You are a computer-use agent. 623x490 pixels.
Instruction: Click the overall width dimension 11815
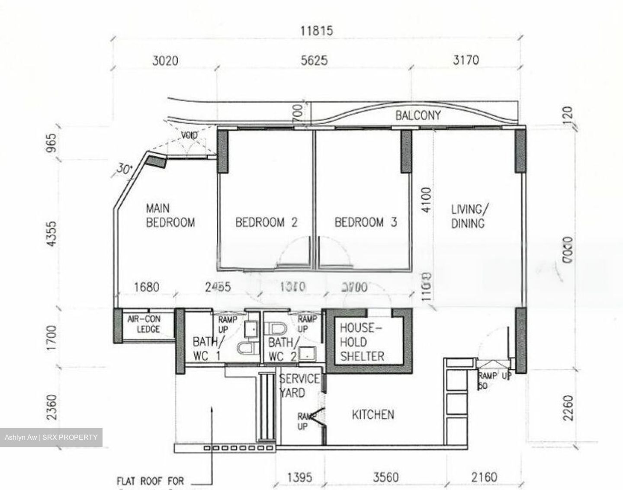click(x=317, y=31)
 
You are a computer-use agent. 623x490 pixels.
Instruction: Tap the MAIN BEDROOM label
click(x=170, y=215)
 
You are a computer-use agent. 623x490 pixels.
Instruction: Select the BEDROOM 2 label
click(x=266, y=222)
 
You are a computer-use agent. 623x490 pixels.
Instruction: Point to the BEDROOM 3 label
click(x=366, y=222)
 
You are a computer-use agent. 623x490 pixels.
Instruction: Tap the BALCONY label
click(x=418, y=115)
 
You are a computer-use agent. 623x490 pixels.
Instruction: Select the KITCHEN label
click(x=373, y=415)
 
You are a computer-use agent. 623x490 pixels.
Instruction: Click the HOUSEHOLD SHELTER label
click(x=362, y=342)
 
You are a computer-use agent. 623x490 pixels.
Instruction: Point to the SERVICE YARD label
click(x=299, y=386)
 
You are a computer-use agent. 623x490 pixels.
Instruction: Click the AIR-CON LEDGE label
click(x=144, y=324)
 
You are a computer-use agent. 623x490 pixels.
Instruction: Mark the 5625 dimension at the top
click(x=314, y=60)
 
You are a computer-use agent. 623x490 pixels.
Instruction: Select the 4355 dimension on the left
click(x=51, y=234)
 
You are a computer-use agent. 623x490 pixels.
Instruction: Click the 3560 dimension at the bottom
click(x=386, y=477)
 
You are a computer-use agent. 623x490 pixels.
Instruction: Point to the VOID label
click(x=189, y=136)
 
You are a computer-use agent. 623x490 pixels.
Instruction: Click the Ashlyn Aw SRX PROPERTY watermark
click(x=51, y=437)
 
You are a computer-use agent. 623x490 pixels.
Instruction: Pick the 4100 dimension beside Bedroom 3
click(x=426, y=200)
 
